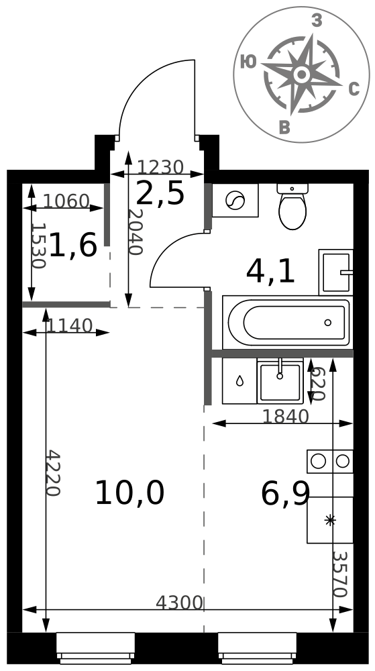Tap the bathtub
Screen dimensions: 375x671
click(286, 322)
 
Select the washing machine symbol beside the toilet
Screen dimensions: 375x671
click(235, 200)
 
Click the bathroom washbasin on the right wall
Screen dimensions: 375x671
click(336, 272)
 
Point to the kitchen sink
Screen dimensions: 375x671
click(280, 381)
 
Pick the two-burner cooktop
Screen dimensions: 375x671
click(330, 462)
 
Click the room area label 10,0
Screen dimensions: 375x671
click(129, 493)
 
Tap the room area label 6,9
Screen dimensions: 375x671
click(285, 493)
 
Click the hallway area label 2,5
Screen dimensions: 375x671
click(160, 193)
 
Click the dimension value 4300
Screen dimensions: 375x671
click(179, 603)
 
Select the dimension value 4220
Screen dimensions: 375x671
click(53, 473)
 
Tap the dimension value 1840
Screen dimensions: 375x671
click(285, 417)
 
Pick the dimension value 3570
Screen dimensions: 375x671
click(339, 574)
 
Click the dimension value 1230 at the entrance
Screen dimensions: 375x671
click(160, 167)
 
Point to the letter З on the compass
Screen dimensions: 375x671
click(317, 20)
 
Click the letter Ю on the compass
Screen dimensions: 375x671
click(248, 62)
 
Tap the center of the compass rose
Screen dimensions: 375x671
click(302, 74)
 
